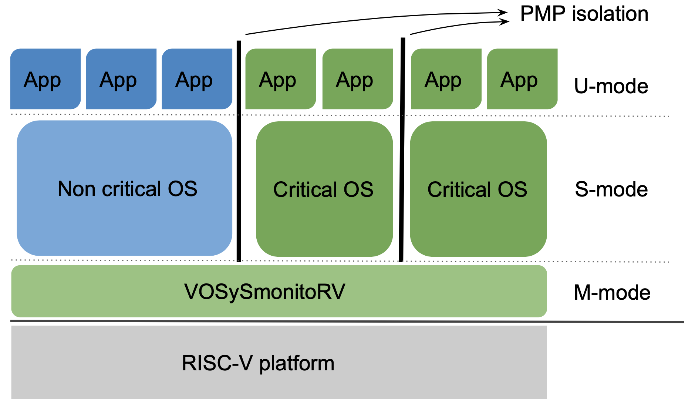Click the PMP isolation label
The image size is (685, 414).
584,14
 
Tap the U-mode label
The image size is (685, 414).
611,86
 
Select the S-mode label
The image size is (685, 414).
611,189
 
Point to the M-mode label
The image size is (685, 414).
612,292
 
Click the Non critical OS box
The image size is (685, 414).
125,188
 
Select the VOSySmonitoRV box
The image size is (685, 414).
279,291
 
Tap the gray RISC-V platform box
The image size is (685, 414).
279,362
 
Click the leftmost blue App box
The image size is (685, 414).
45,79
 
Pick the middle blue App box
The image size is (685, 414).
121,79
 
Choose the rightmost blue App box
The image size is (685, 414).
197,79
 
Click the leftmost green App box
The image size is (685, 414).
281,79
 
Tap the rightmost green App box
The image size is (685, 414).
522,79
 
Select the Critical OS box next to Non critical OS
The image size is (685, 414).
324,189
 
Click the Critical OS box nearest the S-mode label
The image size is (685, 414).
479,189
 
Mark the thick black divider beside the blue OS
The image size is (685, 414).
239,151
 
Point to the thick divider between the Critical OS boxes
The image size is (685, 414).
402,149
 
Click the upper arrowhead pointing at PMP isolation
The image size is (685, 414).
503,13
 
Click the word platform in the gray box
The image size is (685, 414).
297,364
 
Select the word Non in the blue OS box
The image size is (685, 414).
77,189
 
